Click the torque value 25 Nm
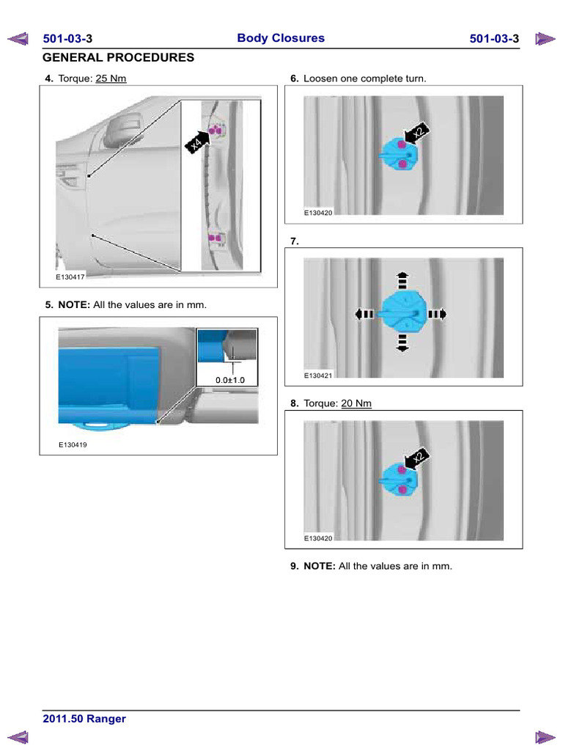pyautogui.click(x=111, y=78)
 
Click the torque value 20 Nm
pyautogui.click(x=356, y=403)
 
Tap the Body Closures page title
pyautogui.click(x=281, y=38)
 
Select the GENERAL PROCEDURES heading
pyautogui.click(x=118, y=57)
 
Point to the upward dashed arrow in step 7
pyautogui.click(x=402, y=281)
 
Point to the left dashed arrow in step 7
pyautogui.click(x=364, y=314)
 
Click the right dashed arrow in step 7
pyautogui.click(x=437, y=314)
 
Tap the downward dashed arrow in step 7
pyautogui.click(x=402, y=343)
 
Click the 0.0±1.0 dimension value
pyautogui.click(x=229, y=380)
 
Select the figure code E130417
pyautogui.click(x=70, y=276)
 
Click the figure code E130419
pyautogui.click(x=73, y=444)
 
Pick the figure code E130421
pyautogui.click(x=318, y=375)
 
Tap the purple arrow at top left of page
pyautogui.click(x=18, y=39)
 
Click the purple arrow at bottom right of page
pyautogui.click(x=545, y=737)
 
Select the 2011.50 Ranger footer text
pyautogui.click(x=84, y=719)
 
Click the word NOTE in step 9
pyautogui.click(x=320, y=566)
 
